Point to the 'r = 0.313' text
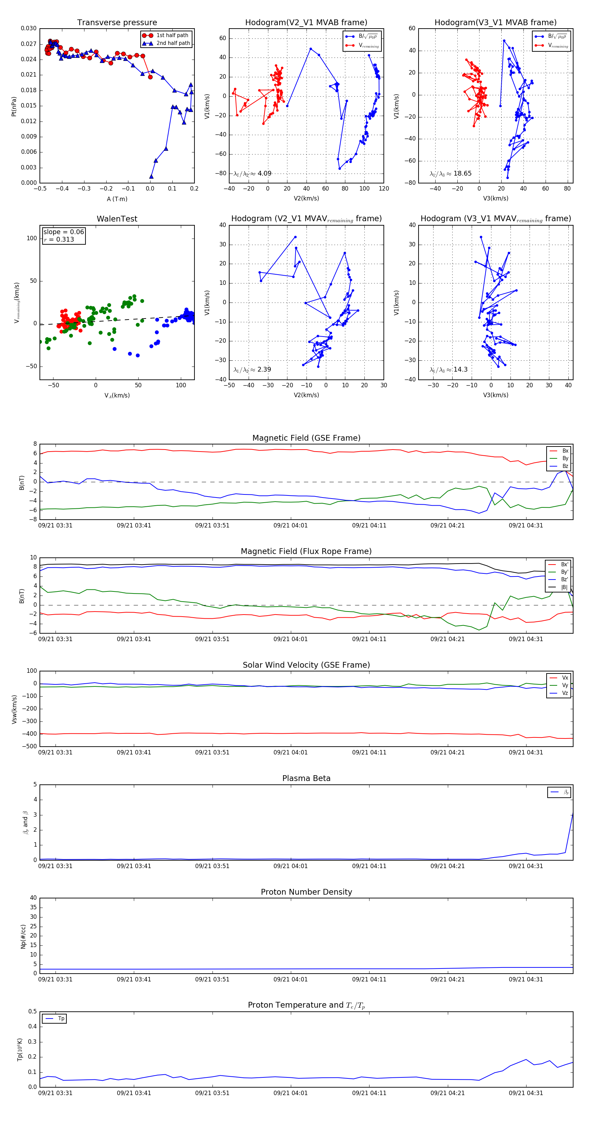pyautogui.click(x=59, y=239)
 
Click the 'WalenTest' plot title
pyautogui.click(x=117, y=219)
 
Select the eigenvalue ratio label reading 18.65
pyautogui.click(x=451, y=174)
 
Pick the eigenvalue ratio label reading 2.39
pyautogui.click(x=252, y=370)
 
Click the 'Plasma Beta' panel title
pyautogui.click(x=306, y=778)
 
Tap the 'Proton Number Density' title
pyautogui.click(x=306, y=892)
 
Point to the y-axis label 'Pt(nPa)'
pyautogui.click(x=14, y=107)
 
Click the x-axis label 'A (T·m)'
pyautogui.click(x=117, y=199)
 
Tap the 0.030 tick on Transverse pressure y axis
pyautogui.click(x=29, y=28)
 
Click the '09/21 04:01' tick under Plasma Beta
pyautogui.click(x=290, y=866)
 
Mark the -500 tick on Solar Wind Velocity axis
pyautogui.click(x=29, y=746)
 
